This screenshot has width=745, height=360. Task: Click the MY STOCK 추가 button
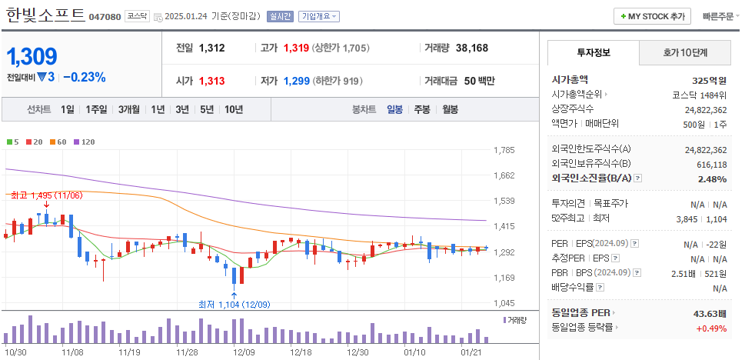[652, 16]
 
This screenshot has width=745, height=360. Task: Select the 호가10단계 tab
[685, 52]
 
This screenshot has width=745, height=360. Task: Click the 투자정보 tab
[593, 52]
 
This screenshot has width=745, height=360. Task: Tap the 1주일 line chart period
[97, 109]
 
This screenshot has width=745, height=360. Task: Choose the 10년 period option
[234, 109]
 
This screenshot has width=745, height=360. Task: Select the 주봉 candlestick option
[422, 109]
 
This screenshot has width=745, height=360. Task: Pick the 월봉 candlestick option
[449, 109]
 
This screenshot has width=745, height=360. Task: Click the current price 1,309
[32, 56]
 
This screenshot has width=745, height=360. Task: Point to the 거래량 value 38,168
[471, 48]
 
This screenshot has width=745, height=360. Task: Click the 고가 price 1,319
[296, 48]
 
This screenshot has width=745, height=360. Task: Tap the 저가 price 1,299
[296, 81]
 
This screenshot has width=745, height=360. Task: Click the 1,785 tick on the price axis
[504, 150]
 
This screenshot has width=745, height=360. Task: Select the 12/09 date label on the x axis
[244, 352]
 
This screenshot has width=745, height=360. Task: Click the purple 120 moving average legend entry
[84, 142]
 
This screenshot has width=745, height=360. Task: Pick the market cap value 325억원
[709, 79]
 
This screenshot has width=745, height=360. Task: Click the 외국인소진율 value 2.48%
[711, 179]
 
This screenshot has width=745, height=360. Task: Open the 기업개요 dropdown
[318, 16]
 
